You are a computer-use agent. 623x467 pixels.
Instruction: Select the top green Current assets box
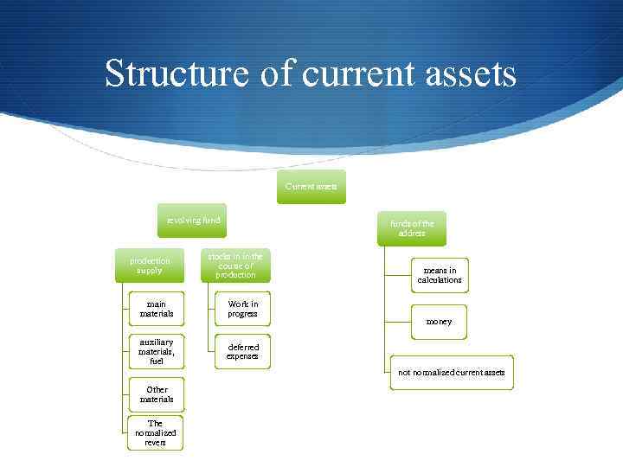coord(311,187)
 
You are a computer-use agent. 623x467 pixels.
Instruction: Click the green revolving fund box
coord(194,221)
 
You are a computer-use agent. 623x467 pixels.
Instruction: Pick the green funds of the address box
coord(412,228)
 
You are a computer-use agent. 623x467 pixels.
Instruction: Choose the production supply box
coord(150,265)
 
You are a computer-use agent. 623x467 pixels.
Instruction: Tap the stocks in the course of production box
coord(235,265)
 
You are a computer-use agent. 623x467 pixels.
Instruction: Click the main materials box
coord(157,310)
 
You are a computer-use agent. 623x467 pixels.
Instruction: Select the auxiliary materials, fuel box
coord(157,351)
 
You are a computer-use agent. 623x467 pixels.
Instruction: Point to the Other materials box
coord(157,394)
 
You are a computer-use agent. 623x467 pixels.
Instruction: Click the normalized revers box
coord(156,433)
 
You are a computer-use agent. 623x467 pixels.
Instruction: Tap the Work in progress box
coord(242,309)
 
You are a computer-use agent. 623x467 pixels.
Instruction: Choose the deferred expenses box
coord(242,351)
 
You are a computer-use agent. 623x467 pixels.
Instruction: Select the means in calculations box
coord(440,275)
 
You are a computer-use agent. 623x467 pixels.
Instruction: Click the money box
coord(440,322)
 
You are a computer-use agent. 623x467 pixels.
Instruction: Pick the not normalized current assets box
coord(451,373)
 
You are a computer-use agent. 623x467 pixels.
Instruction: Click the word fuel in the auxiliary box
coord(157,361)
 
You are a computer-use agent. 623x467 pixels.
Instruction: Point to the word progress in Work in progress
coord(242,314)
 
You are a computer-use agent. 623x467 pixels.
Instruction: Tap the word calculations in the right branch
coord(440,280)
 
